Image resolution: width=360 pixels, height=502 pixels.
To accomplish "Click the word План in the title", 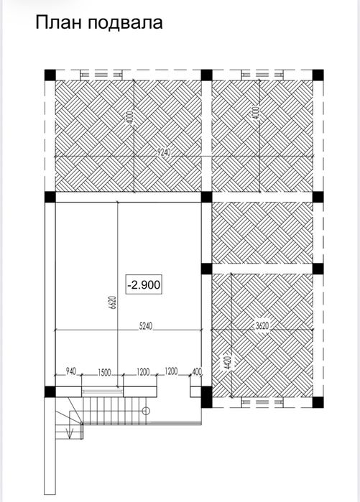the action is tap(59, 23).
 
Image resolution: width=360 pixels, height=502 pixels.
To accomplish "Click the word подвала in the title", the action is tap(125, 24).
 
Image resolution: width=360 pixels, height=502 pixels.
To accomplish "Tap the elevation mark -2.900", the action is tap(144, 284).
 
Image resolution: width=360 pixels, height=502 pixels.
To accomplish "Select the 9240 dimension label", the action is tap(164, 152).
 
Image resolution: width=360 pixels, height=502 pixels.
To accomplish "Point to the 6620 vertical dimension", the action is tap(113, 302).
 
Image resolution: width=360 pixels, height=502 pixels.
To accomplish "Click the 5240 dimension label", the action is tap(146, 326).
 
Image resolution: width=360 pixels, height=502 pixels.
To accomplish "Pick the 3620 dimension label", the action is tap(262, 326).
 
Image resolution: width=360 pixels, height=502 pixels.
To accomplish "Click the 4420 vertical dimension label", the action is tap(227, 363).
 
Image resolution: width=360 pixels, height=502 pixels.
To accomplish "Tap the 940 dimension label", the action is tap(71, 371).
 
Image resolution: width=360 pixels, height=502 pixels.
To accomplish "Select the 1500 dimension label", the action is tap(104, 372).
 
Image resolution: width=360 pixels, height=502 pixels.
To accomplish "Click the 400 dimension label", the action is tap(197, 372).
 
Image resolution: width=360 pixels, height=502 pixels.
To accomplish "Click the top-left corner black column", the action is tap(50, 75).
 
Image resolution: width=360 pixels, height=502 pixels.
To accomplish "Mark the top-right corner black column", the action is tap(318, 75).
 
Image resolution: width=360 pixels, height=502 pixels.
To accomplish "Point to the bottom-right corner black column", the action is tap(318, 402).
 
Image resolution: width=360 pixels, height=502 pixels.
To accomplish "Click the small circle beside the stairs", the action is tap(146, 411).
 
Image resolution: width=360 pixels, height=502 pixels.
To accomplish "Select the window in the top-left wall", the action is tap(101, 75).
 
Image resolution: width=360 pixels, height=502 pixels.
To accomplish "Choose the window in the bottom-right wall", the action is tap(262, 401).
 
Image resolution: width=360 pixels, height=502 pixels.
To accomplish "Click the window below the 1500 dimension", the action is tap(102, 391).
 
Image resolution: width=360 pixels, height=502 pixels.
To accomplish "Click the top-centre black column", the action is tap(206, 75).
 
